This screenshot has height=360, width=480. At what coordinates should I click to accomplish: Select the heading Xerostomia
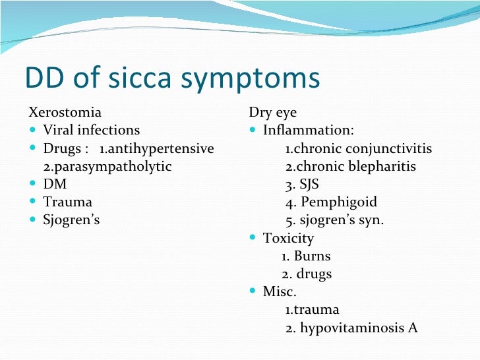pos(65,112)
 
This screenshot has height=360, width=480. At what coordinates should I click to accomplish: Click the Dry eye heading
pos(272,113)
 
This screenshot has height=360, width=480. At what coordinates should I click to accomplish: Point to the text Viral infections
pos(92,130)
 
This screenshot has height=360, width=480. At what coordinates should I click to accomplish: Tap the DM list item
pos(55,184)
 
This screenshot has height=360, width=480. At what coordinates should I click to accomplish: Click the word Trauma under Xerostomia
pos(68,202)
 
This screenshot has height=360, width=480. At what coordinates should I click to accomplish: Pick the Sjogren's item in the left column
pos(71,220)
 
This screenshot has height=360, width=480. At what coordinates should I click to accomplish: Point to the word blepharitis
pos(382,166)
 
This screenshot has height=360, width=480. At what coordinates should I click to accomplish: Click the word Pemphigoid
pos(339,202)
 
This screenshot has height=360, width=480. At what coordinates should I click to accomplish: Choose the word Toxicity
pos(288,238)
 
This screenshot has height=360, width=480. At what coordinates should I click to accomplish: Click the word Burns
pos(312,256)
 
